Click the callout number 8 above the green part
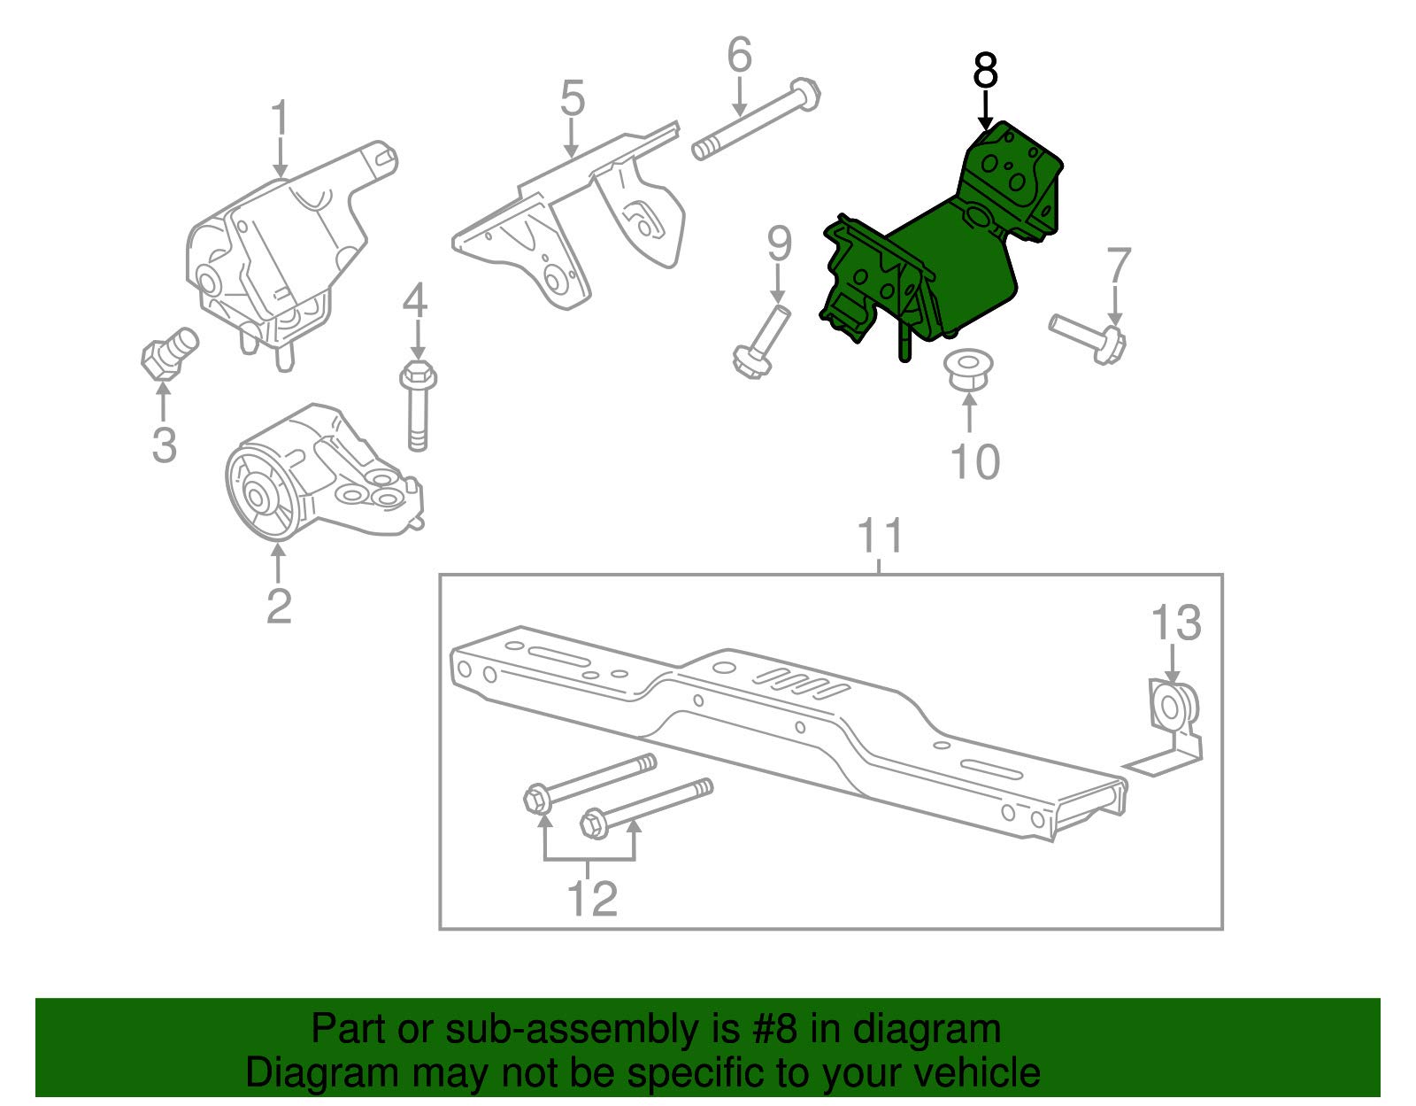coord(985,71)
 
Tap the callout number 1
coord(280,119)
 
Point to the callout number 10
coord(974,461)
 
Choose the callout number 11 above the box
coord(881,536)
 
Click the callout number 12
coord(590,899)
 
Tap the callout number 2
coord(278,606)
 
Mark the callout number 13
coord(1175,623)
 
